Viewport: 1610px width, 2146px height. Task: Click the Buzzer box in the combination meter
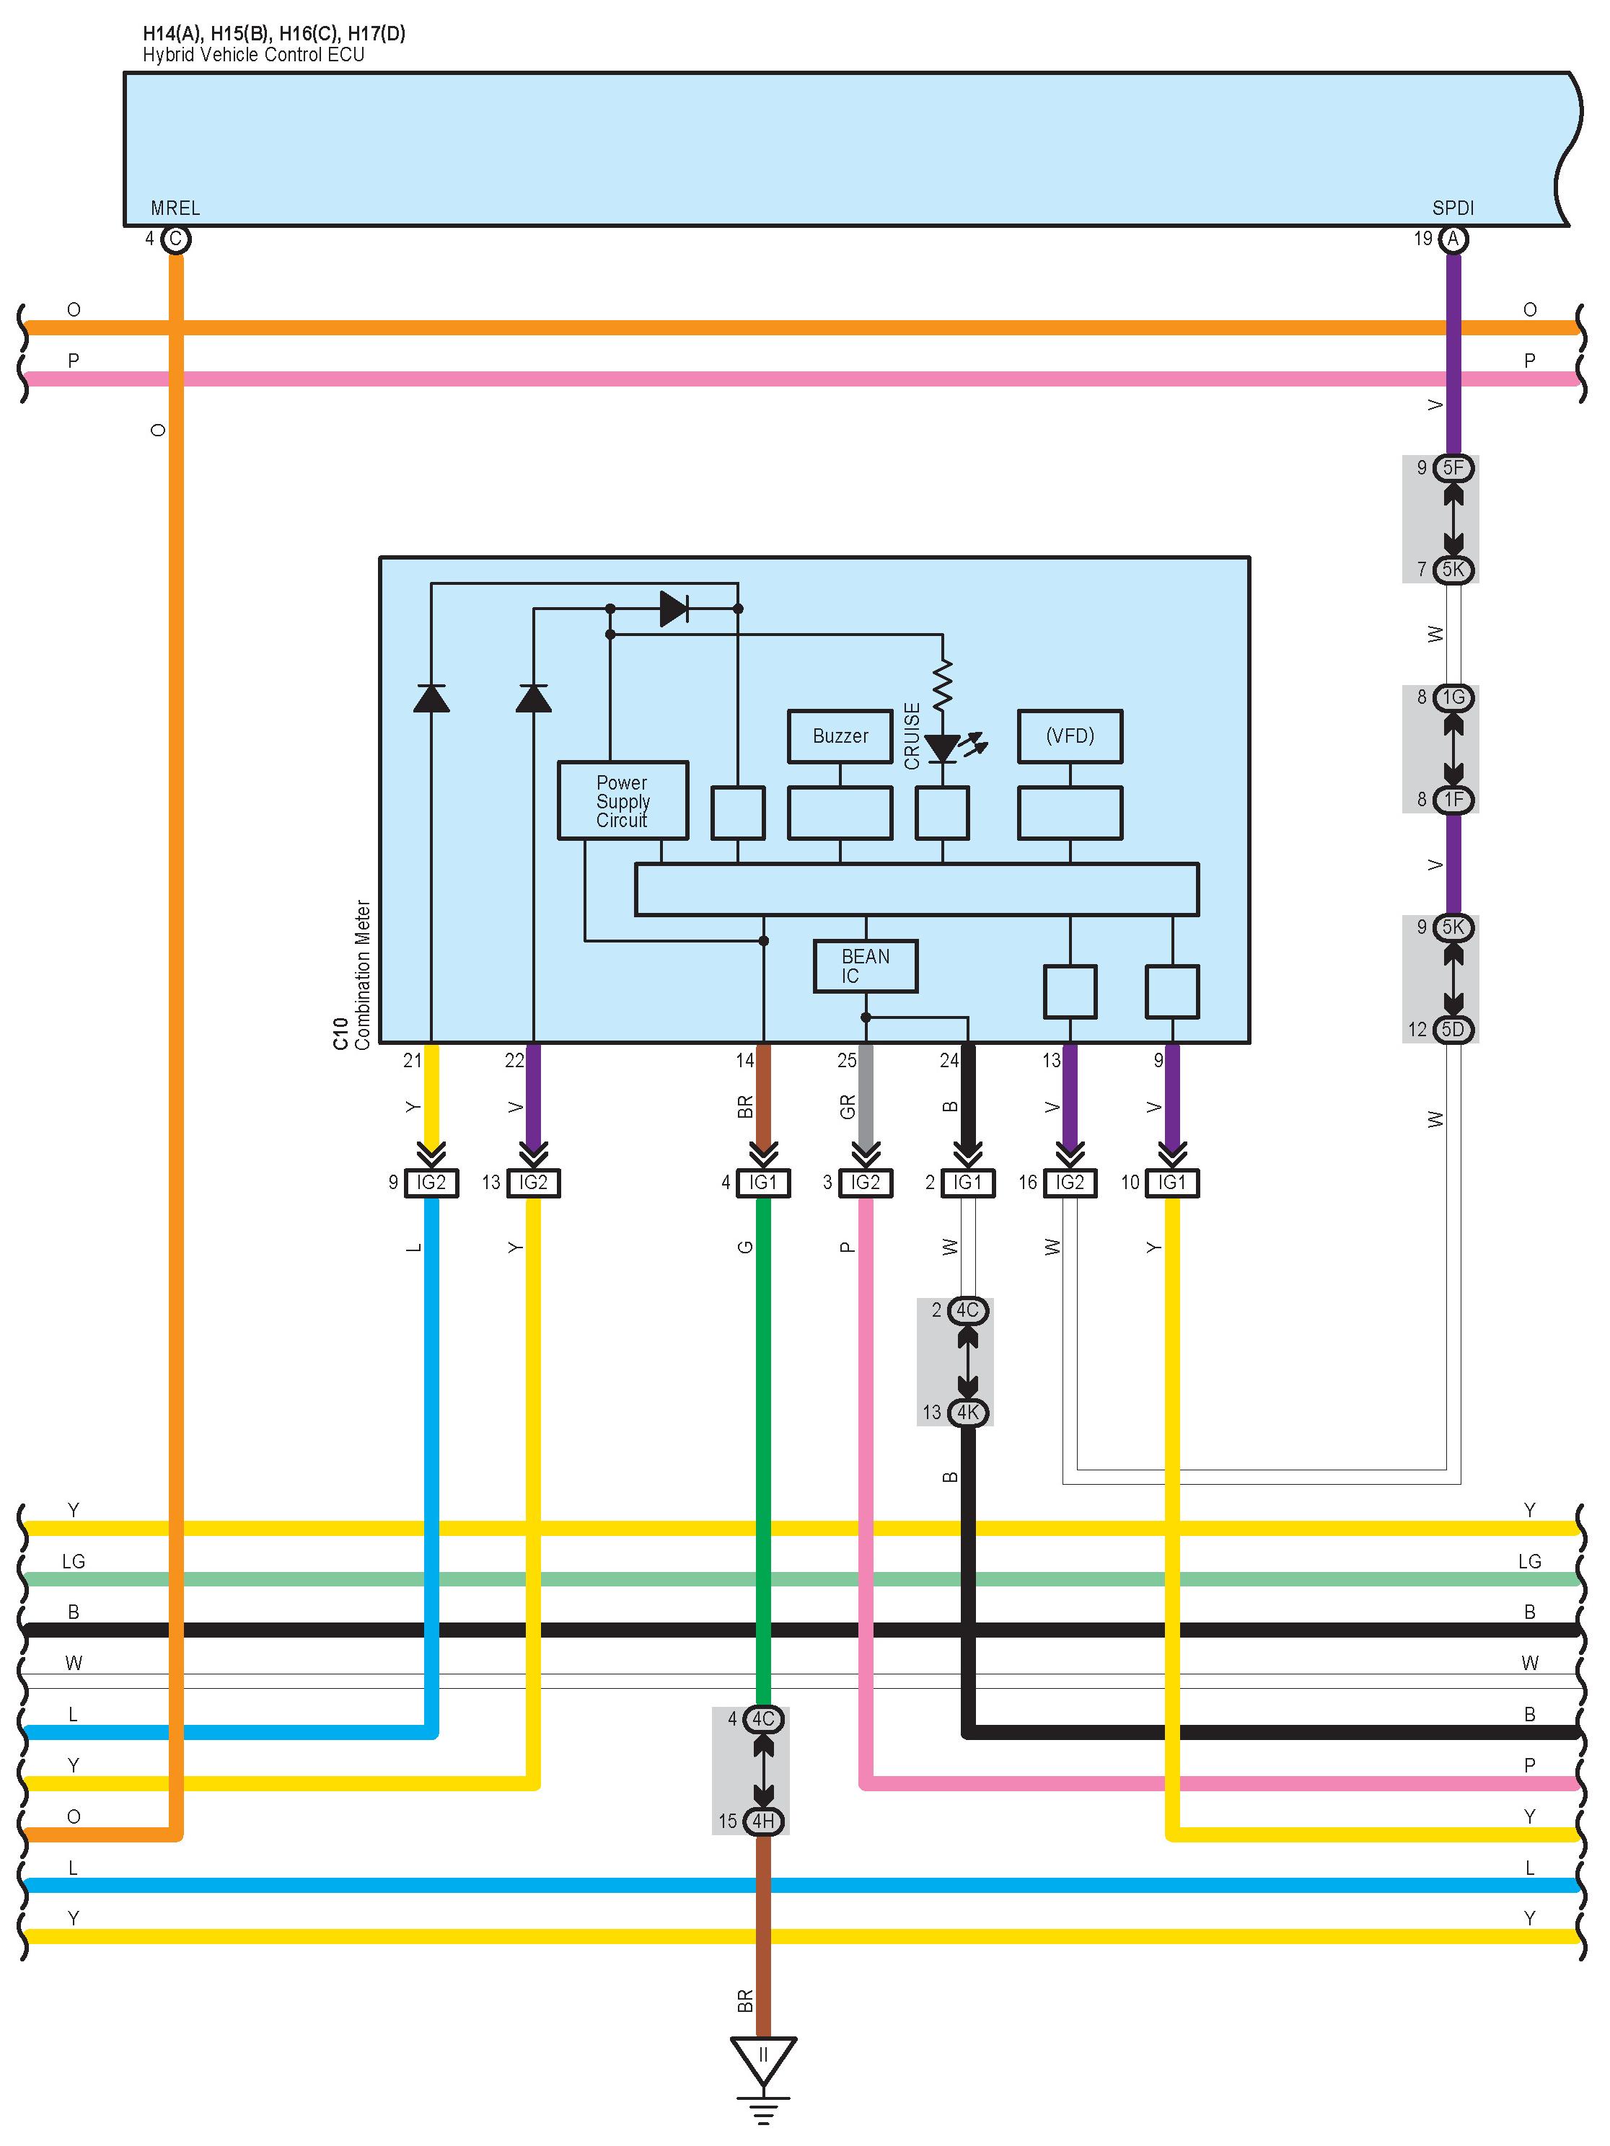[840, 736]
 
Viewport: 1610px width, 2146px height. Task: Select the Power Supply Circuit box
[622, 800]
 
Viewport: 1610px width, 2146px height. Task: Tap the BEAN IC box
[865, 966]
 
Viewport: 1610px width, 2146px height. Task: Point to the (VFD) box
[1070, 736]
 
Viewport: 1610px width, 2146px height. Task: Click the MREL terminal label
[175, 208]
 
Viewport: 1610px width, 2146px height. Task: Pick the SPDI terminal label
[1452, 208]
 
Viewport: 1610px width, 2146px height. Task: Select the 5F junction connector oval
[1453, 467]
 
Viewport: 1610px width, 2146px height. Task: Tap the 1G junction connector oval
[1453, 697]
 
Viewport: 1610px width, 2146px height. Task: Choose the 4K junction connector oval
[967, 1413]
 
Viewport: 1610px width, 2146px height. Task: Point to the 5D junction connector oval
[1453, 1029]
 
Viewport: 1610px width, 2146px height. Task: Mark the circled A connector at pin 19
[1453, 239]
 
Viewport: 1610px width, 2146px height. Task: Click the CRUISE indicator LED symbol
[942, 748]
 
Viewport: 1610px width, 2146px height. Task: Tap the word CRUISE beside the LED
[911, 736]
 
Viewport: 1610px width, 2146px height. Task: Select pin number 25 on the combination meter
[846, 1061]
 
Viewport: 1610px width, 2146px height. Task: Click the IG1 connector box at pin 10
[1171, 1183]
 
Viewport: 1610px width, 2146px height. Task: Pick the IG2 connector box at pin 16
[1070, 1183]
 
